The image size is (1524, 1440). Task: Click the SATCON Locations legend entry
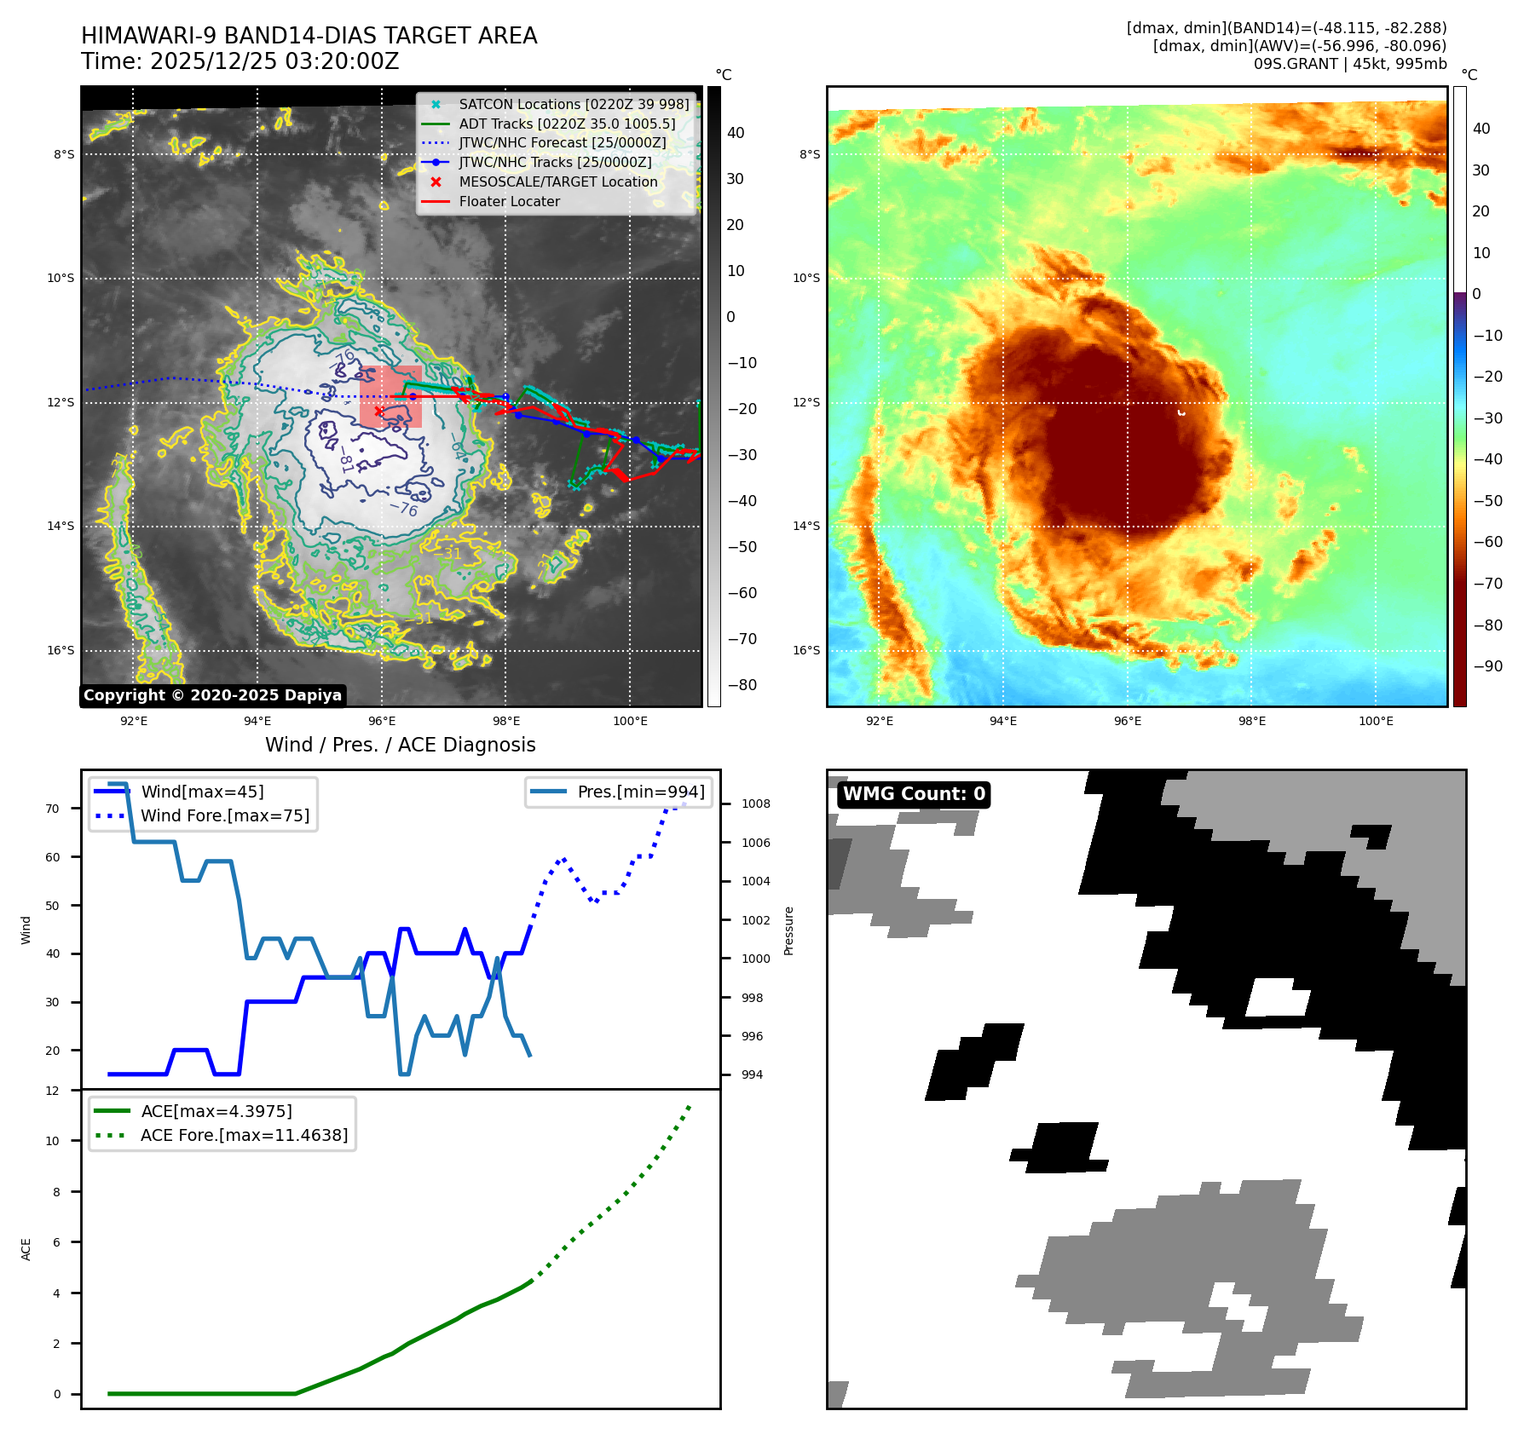(574, 105)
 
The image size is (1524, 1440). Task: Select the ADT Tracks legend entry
(567, 124)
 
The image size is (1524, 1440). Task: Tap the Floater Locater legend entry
(509, 202)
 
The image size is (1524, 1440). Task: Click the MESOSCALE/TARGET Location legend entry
(558, 182)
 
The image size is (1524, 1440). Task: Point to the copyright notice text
(213, 695)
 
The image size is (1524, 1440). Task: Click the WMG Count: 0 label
(914, 794)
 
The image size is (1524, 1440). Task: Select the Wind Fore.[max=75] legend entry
(225, 816)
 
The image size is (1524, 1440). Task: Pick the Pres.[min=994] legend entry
(641, 792)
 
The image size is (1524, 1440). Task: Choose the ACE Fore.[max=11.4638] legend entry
(244, 1136)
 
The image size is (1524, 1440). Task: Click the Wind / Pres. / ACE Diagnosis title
(401, 746)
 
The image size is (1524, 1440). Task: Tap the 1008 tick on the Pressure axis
(755, 804)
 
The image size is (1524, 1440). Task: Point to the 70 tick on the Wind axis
(53, 809)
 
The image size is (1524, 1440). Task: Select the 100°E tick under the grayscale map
(630, 722)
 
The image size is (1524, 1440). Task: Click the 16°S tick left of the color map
(806, 651)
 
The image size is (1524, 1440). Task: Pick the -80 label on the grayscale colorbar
(742, 685)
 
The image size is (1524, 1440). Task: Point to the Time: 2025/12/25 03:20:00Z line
(240, 62)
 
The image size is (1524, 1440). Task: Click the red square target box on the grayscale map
(390, 396)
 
